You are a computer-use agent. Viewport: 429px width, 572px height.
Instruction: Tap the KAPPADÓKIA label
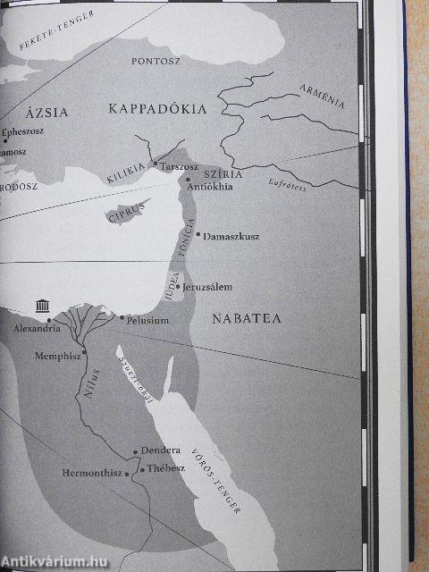157,109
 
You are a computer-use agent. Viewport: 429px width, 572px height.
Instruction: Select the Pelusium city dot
122,317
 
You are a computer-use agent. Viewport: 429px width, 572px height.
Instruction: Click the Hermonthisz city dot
129,472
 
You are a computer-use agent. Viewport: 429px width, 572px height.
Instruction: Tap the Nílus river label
86,390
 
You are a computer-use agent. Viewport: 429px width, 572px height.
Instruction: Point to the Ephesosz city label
24,132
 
